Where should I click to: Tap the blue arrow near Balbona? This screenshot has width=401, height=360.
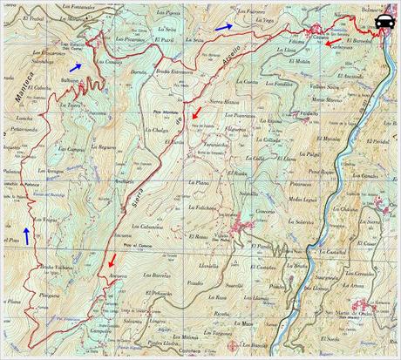coord(78,66)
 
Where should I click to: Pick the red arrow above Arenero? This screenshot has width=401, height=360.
coord(111,260)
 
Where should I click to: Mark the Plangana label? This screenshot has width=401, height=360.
coord(50,296)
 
